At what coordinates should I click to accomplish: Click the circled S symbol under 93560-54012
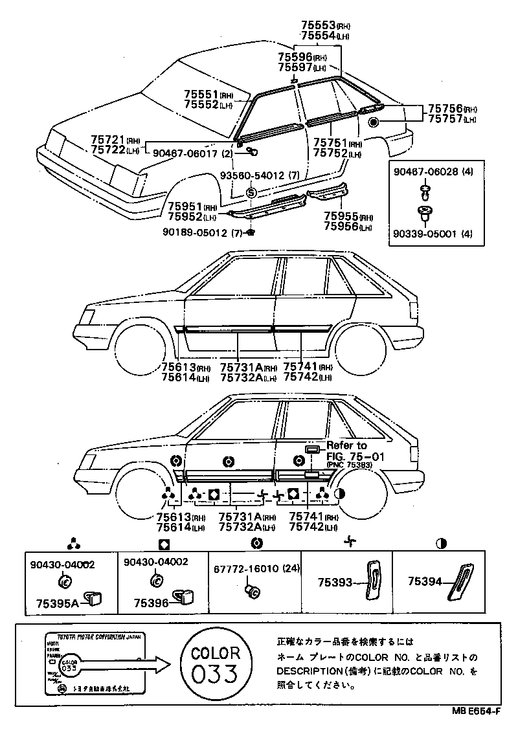pyautogui.click(x=251, y=193)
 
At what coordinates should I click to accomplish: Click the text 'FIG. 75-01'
pyautogui.click(x=355, y=456)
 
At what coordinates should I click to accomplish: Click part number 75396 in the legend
pyautogui.click(x=151, y=603)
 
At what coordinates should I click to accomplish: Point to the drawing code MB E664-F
pyautogui.click(x=476, y=711)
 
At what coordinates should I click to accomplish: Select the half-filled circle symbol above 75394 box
pyautogui.click(x=441, y=543)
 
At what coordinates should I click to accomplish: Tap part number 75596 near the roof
pyautogui.click(x=295, y=57)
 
